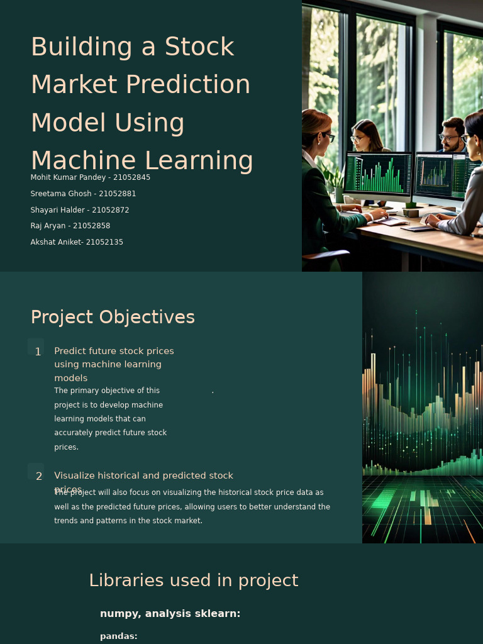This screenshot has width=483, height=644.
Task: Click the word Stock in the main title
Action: coord(199,47)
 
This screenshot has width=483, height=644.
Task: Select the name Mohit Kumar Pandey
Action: coord(68,177)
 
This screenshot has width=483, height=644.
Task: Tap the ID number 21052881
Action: coord(117,194)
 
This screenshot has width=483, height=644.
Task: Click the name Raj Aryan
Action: coord(48,226)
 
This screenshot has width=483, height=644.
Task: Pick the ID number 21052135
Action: coord(104,242)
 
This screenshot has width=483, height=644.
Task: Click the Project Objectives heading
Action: coord(113,318)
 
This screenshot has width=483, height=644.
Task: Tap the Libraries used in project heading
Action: coord(194,580)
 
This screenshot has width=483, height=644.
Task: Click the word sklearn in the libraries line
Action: coord(220,614)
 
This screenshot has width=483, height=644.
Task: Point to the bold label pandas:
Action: coord(119,636)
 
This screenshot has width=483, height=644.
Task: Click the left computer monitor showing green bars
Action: coord(377,174)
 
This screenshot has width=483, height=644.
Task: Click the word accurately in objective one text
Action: coord(74,433)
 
